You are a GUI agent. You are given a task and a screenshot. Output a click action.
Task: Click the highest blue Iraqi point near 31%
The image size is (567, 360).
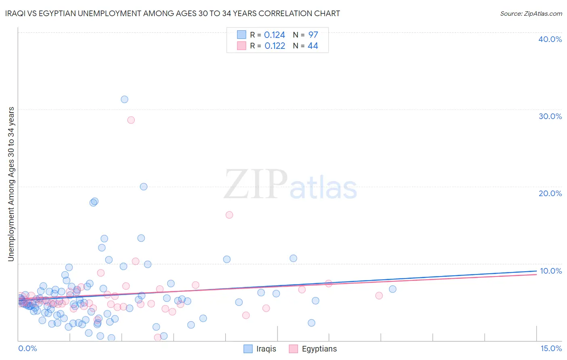click(125, 99)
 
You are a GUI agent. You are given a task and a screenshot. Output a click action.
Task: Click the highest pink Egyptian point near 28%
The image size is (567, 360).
click(131, 120)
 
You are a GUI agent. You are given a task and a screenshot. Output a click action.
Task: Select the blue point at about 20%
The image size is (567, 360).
click(144, 186)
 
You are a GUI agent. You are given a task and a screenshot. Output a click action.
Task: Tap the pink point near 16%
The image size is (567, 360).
click(229, 215)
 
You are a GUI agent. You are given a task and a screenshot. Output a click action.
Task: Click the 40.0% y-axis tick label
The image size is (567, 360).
click(550, 39)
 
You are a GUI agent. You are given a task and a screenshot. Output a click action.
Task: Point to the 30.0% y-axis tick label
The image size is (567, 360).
click(550, 116)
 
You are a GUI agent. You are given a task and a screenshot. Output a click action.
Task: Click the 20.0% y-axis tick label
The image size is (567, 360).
click(550, 193)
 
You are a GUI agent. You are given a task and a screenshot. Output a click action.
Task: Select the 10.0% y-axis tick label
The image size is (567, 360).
click(550, 271)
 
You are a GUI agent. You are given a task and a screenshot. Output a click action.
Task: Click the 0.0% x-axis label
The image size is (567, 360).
click(27, 348)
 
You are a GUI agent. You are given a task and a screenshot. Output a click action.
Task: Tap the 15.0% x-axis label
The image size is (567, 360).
click(551, 348)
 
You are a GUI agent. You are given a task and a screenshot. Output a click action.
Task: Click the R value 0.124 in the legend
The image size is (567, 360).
click(275, 35)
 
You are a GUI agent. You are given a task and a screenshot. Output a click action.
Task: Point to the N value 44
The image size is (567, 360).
click(313, 46)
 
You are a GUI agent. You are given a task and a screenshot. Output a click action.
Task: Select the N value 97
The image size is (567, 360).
click(313, 35)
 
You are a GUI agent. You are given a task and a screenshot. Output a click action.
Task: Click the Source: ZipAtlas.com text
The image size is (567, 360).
click(531, 14)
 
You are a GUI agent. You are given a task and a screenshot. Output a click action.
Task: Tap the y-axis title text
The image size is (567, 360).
click(11, 184)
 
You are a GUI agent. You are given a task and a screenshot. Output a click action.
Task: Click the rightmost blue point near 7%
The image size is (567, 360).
click(392, 289)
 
